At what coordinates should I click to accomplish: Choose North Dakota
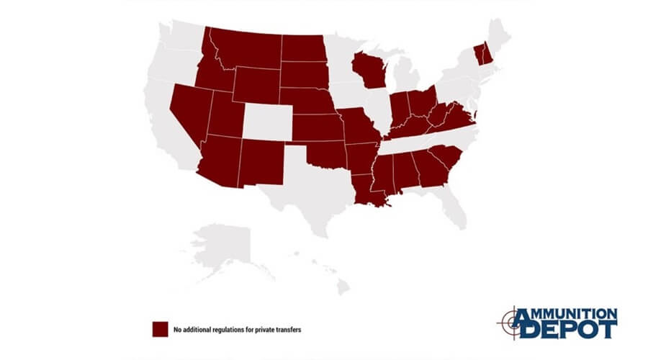pos(302,47)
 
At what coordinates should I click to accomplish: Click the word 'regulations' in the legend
pos(225,330)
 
